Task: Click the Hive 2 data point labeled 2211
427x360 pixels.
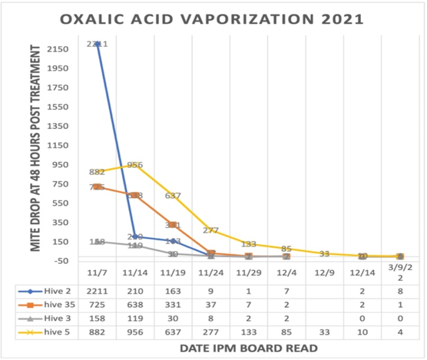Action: click(x=97, y=43)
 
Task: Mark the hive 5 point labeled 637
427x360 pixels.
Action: click(x=173, y=195)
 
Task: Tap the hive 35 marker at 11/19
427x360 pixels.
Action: click(x=173, y=224)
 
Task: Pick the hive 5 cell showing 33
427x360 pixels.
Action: click(x=324, y=332)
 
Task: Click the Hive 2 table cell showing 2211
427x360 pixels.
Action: click(x=97, y=291)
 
